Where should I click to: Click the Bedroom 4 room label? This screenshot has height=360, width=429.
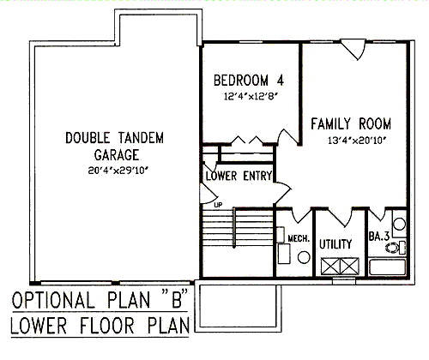coord(249,80)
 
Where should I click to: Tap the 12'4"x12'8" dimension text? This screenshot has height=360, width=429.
coord(251,96)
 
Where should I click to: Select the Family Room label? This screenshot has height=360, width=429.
coord(351,123)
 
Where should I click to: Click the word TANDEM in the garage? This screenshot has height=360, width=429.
coord(141,138)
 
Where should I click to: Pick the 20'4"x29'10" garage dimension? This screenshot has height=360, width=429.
coord(119,171)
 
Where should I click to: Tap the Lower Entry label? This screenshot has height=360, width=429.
coord(239,176)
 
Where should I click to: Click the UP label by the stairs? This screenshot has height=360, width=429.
coord(218,205)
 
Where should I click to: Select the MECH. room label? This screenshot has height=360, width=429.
coord(299,238)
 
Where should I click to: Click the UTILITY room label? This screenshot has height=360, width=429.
coord(335,244)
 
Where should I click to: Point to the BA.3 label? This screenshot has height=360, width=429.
coord(379,237)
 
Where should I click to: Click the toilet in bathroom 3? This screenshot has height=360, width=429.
coord(396,248)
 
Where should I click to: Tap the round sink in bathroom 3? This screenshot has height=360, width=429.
coord(399,224)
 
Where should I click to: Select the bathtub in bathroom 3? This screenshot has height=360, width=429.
coord(388,267)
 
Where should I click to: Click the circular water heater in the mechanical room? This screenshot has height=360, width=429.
coord(304,257)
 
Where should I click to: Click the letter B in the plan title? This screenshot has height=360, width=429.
coord(177,300)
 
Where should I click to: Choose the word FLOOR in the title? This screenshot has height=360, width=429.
coord(106,326)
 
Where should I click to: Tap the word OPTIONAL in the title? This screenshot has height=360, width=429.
coord(53,300)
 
